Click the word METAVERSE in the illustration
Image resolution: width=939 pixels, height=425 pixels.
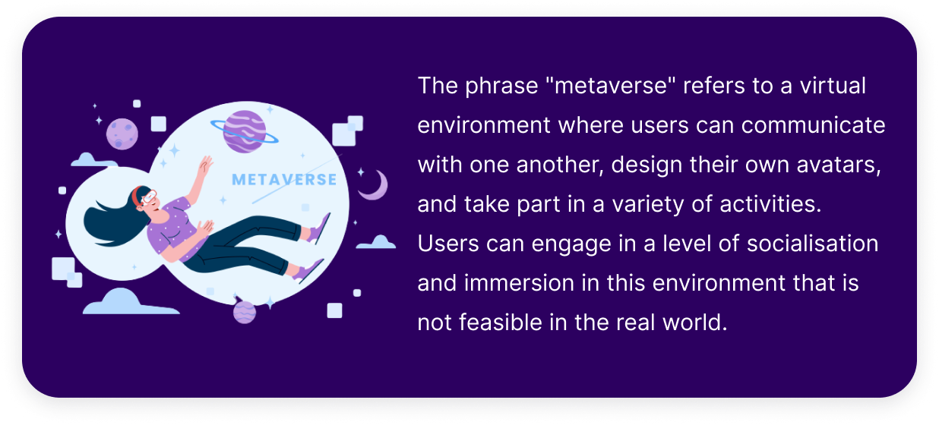284,180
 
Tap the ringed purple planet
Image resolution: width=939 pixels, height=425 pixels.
245,131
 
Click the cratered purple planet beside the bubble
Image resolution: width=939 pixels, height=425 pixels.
122,134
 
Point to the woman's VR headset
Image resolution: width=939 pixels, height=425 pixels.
148,197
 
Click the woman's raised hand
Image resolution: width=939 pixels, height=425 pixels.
206,165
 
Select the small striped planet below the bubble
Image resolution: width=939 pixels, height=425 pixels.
245,312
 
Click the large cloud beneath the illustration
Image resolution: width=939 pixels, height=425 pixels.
130,301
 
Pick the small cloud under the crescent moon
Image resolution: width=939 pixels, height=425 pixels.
376,242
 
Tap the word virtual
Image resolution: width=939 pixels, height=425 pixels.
833,86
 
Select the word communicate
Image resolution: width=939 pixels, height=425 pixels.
813,125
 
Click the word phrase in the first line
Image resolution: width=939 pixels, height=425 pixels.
501,87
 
